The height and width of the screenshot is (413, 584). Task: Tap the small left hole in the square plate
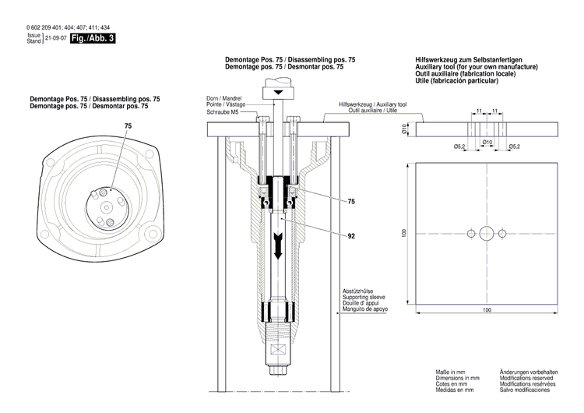tap(472, 234)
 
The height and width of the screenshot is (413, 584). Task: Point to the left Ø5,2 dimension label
tap(459, 146)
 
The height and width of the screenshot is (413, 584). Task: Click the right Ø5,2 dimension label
tap(514, 146)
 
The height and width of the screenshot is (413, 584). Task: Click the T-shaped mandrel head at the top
tap(278, 93)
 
